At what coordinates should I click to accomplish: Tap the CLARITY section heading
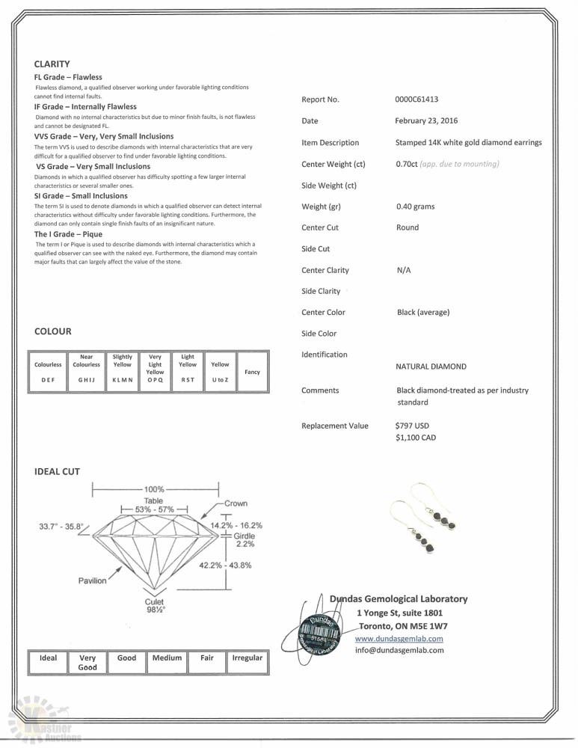coord(52,64)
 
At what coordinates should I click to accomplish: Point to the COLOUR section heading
coord(53,331)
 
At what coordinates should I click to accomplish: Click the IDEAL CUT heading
coord(57,472)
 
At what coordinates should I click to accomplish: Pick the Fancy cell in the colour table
coord(252,372)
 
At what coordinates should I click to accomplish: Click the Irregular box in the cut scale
coord(248,658)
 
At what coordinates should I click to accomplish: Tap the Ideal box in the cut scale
coord(48,658)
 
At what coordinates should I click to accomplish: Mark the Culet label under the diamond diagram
coord(155,601)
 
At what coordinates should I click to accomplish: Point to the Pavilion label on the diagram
coord(93,580)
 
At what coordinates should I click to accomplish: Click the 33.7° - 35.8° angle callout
coord(62,527)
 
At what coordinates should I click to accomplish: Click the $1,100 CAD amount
coord(416,438)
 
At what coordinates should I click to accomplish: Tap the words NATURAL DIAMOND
coord(431,367)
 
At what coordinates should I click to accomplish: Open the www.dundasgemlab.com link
coord(399,639)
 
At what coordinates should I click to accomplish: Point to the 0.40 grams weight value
coord(415,206)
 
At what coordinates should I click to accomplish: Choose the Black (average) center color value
coord(423,313)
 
